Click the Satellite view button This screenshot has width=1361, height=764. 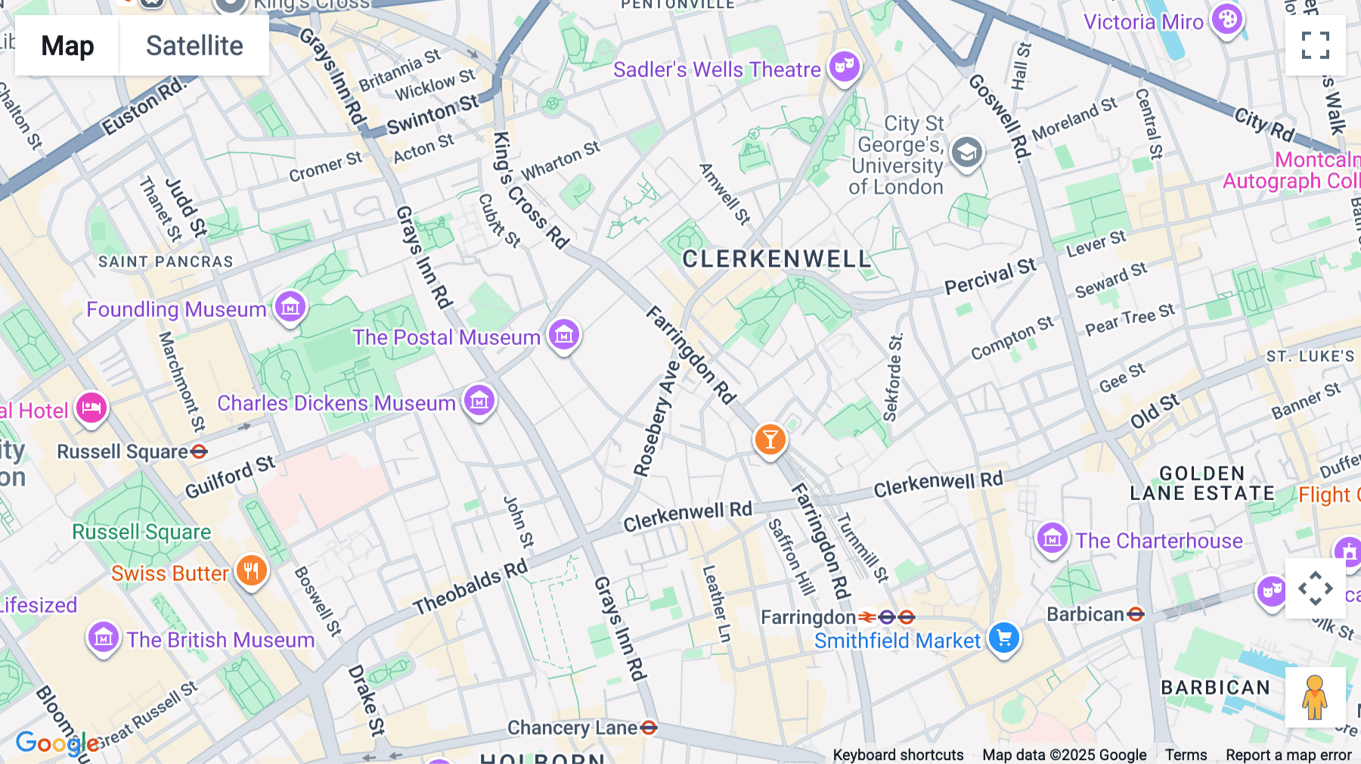point(194,45)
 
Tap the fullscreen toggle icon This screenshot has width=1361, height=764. point(1315,45)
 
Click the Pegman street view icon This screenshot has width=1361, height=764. point(1315,697)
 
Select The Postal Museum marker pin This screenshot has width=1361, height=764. point(563,334)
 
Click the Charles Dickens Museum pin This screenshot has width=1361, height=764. point(479,400)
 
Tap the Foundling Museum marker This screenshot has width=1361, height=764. point(290,307)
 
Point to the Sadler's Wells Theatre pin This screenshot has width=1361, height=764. point(845,67)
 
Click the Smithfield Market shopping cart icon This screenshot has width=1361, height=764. point(1004,638)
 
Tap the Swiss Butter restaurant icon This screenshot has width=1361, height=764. point(252,571)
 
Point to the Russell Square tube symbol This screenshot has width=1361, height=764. point(199,452)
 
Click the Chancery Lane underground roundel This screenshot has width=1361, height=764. point(649,728)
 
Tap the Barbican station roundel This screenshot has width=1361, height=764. point(1135,614)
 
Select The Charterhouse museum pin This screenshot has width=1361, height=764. point(1052,539)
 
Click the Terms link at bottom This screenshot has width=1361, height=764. point(1186,754)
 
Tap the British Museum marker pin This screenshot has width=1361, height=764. point(104,637)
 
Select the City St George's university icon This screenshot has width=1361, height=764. point(966,153)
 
